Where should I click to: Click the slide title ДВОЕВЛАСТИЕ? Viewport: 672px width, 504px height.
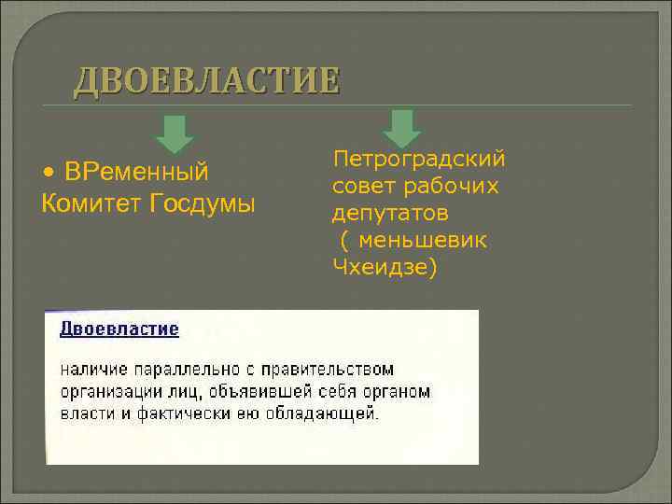pyautogui.click(x=206, y=81)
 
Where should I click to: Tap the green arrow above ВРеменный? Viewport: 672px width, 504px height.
pyautogui.click(x=175, y=133)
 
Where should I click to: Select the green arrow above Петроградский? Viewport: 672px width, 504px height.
pyautogui.click(x=402, y=128)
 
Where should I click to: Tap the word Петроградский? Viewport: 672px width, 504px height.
pyautogui.click(x=419, y=160)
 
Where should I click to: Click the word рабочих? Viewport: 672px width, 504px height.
pyautogui.click(x=455, y=187)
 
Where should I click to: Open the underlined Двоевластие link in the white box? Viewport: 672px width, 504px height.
pyautogui.click(x=119, y=329)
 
